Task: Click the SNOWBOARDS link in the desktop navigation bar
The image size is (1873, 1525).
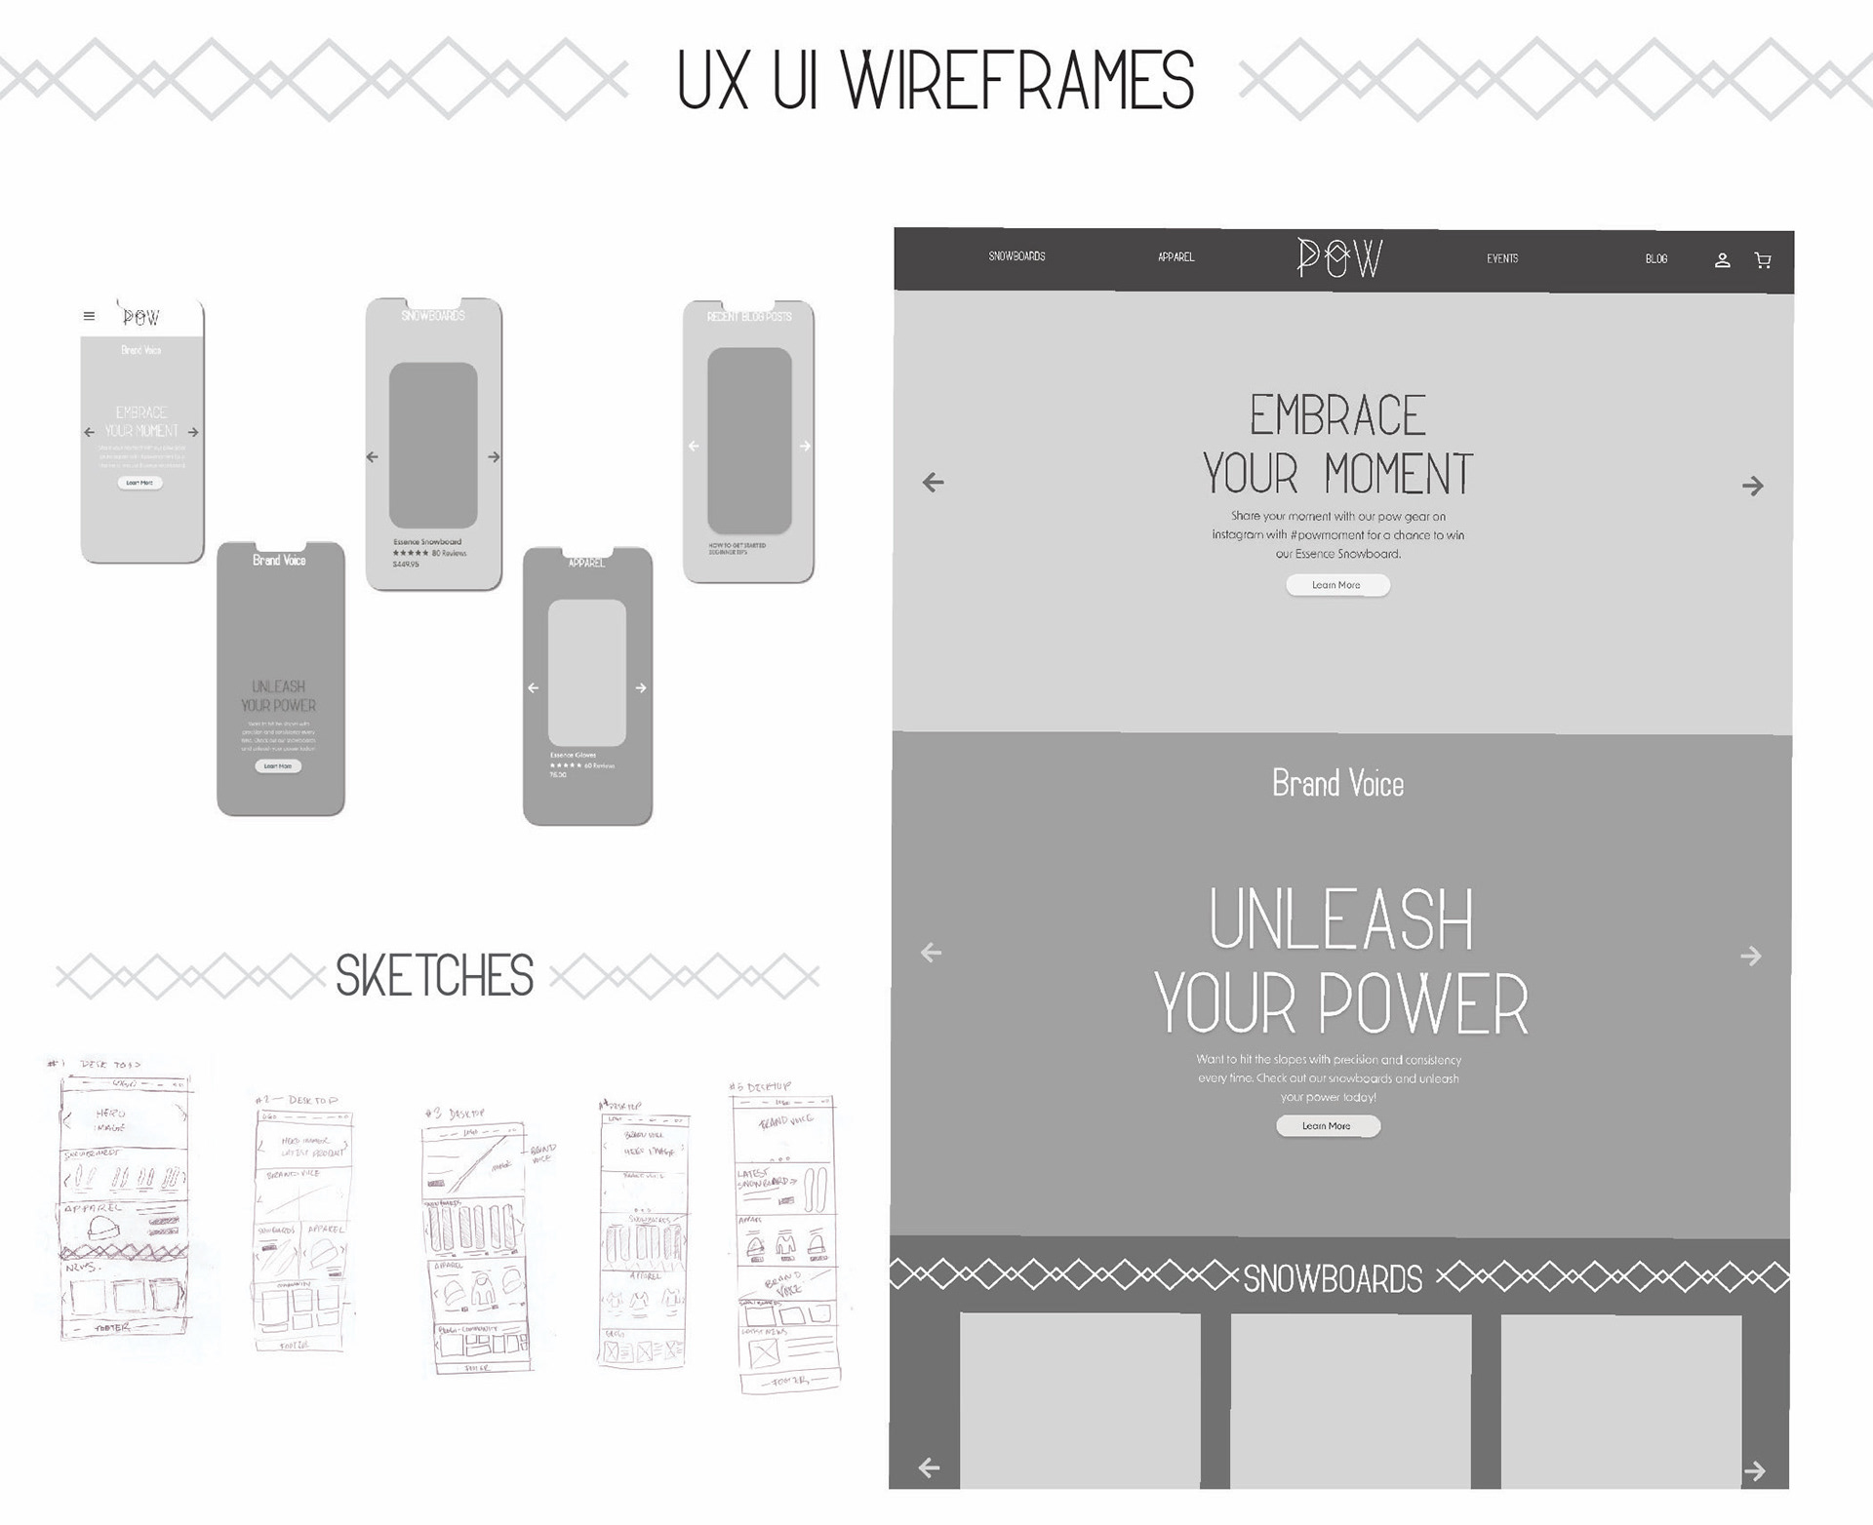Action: tap(1016, 256)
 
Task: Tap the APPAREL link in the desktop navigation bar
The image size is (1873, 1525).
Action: tap(1176, 257)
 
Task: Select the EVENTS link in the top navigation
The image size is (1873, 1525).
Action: tap(1502, 258)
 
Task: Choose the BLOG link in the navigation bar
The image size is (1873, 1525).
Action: tap(1656, 259)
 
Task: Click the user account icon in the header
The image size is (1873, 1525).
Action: tap(1723, 260)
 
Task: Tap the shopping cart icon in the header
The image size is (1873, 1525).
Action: tap(1763, 260)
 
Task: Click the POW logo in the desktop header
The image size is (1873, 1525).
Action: tap(1339, 258)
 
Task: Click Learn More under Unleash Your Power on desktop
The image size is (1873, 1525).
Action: tap(1327, 1126)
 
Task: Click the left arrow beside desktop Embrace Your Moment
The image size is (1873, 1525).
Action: tap(934, 482)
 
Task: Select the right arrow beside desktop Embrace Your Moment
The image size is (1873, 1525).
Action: tap(1753, 486)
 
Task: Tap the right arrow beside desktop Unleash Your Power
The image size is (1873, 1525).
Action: tap(1751, 957)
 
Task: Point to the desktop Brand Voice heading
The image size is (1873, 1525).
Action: tap(1337, 784)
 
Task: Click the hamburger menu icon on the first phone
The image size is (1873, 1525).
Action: tap(90, 316)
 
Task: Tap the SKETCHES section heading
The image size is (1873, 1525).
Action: tap(434, 976)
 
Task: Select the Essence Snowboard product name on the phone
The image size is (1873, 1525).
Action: tap(427, 542)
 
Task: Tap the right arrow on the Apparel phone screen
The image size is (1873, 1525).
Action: tap(641, 687)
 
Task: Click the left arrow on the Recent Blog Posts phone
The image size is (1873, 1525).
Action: tap(694, 446)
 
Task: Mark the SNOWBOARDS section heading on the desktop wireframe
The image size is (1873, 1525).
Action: tap(1333, 1279)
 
